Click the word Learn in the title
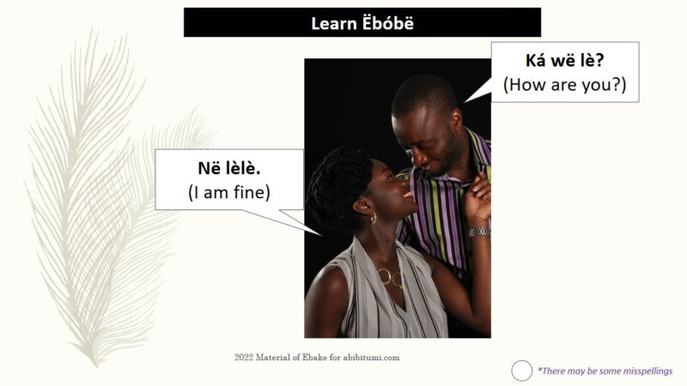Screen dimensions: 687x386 (x=332, y=24)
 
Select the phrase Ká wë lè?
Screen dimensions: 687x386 (x=564, y=60)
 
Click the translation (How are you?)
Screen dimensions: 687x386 (x=565, y=84)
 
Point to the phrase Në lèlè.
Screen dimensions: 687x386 (x=229, y=168)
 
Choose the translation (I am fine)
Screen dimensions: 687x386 (x=229, y=192)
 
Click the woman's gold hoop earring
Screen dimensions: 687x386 (x=374, y=218)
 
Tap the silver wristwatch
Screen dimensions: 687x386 (x=479, y=232)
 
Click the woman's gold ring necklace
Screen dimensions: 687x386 (x=390, y=277)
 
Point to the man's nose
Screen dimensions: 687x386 (x=417, y=161)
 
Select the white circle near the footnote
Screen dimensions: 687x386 (x=521, y=371)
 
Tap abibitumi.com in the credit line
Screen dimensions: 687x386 (x=371, y=358)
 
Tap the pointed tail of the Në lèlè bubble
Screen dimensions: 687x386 (x=322, y=235)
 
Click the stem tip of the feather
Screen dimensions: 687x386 (x=96, y=365)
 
